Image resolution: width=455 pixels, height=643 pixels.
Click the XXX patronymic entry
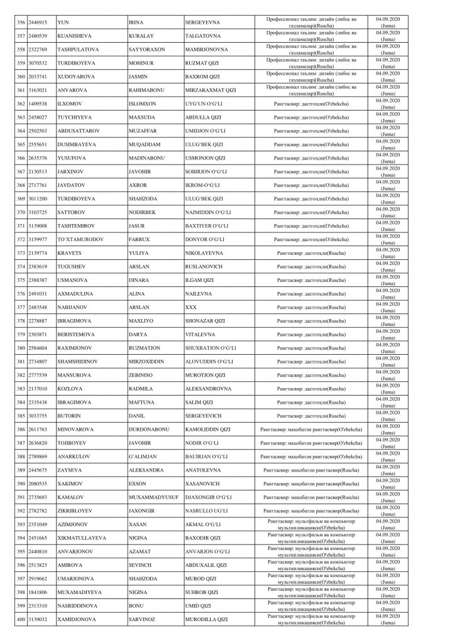(191, 307)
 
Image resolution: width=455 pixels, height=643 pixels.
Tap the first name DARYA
(138, 334)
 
